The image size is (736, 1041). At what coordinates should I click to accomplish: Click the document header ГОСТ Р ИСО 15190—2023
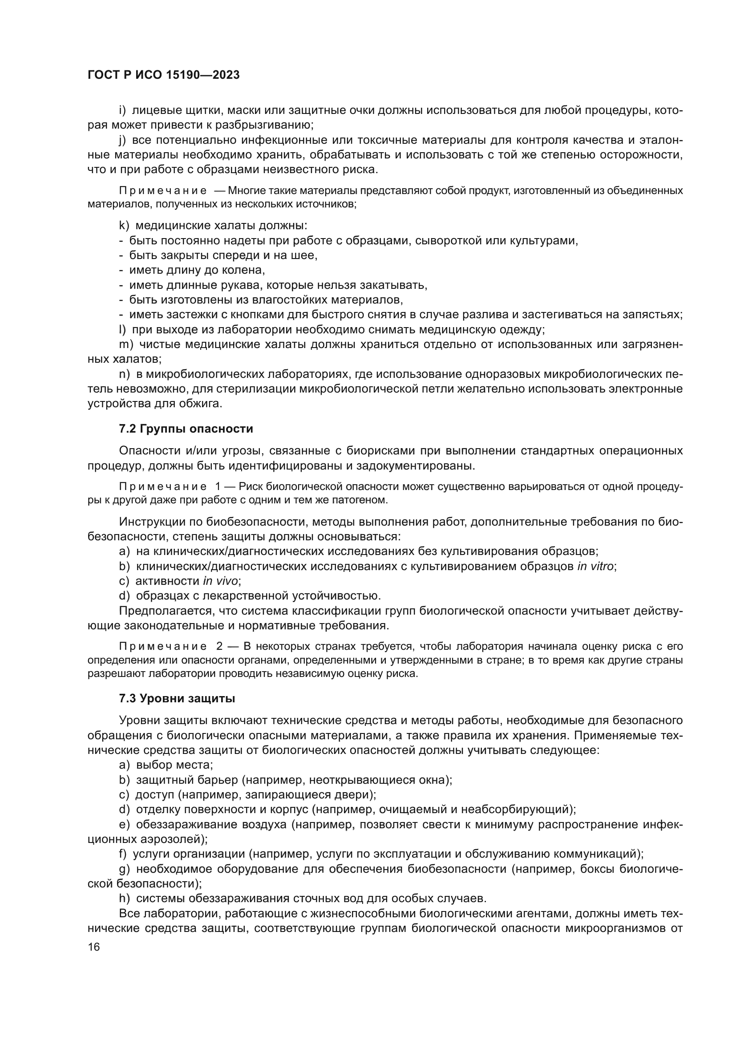click(x=164, y=75)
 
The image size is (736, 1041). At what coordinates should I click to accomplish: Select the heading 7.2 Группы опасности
click(x=186, y=429)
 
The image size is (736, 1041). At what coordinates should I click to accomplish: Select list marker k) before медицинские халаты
click(x=124, y=226)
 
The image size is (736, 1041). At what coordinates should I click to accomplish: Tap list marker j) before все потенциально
click(x=122, y=141)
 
